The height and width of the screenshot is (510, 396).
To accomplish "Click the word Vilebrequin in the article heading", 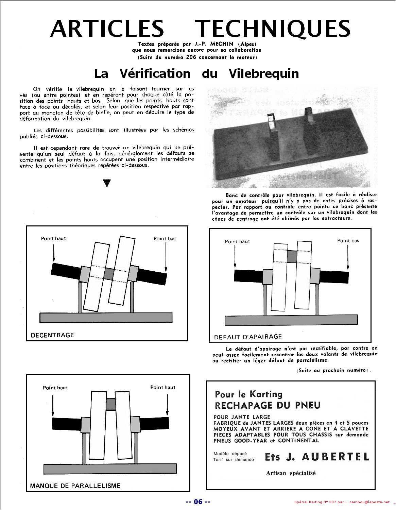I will point(264,73).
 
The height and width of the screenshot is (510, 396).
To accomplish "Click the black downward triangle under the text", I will point(107,183).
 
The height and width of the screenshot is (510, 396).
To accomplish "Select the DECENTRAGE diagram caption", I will point(52,335).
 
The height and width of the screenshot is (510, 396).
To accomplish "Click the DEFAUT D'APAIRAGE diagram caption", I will point(248,337).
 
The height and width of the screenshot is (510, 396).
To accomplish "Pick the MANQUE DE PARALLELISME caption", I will point(75,486).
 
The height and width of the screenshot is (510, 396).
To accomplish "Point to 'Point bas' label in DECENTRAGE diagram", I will point(165,239).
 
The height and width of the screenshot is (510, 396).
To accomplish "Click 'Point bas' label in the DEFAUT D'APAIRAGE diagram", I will point(348,241).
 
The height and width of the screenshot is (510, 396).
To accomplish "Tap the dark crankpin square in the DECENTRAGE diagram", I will point(108,274).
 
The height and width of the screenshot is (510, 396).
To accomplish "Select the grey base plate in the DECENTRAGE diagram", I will point(106,318).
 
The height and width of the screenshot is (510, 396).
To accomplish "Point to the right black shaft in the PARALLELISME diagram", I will point(154,423).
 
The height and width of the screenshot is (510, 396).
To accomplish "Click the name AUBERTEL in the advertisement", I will point(335,457).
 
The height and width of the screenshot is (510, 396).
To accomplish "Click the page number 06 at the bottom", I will point(198,502).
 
